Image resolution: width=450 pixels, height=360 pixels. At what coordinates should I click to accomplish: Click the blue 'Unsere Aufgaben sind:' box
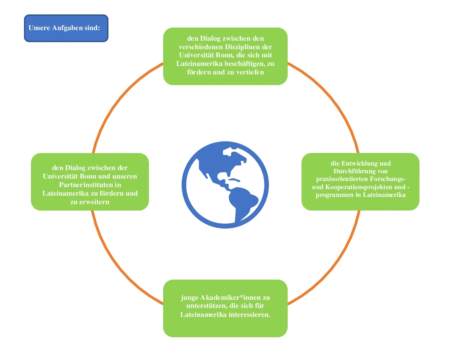(x=66, y=28)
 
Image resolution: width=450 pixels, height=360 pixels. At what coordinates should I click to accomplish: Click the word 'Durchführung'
(x=353, y=171)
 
